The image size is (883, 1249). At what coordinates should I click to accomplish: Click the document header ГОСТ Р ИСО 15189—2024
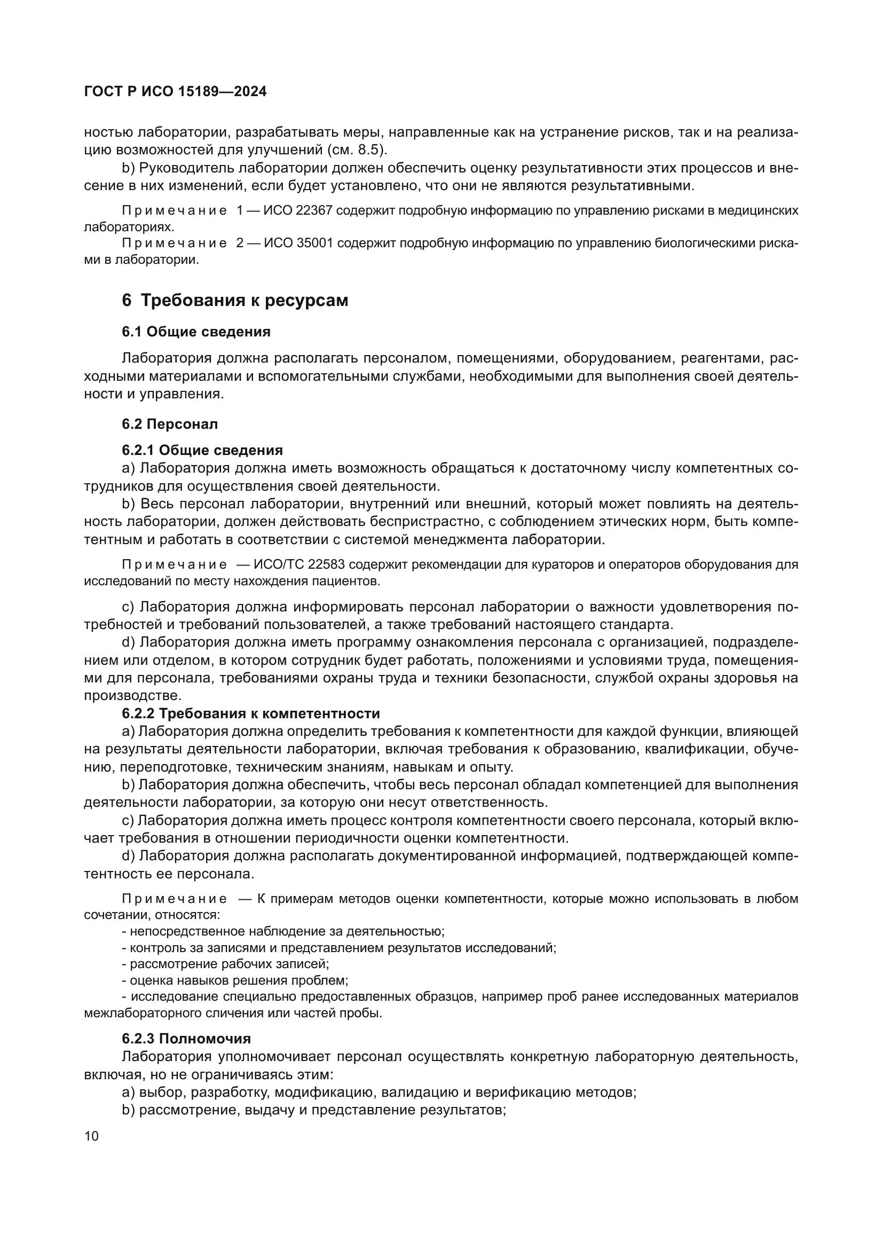tap(175, 91)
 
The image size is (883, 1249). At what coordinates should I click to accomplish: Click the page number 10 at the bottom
tap(91, 1136)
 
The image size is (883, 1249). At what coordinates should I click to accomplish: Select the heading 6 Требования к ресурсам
tap(235, 300)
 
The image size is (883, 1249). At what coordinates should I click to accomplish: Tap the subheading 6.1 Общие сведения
tap(196, 332)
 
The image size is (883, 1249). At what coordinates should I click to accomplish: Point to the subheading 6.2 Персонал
tap(170, 424)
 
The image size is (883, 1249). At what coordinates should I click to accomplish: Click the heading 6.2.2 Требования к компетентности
tap(251, 713)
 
